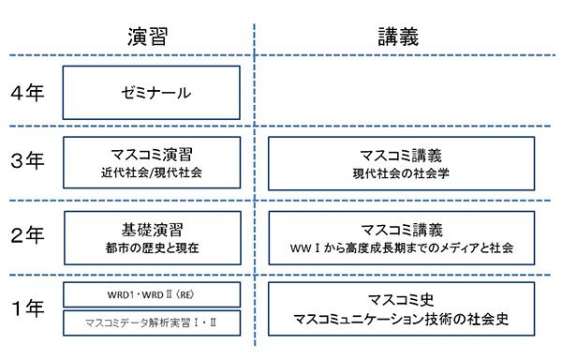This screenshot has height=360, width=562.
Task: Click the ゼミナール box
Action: (152, 93)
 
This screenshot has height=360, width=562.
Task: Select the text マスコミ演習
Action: (152, 153)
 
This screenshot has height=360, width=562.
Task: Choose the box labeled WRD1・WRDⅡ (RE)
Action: (152, 292)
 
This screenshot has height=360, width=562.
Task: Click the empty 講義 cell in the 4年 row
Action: (401, 94)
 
